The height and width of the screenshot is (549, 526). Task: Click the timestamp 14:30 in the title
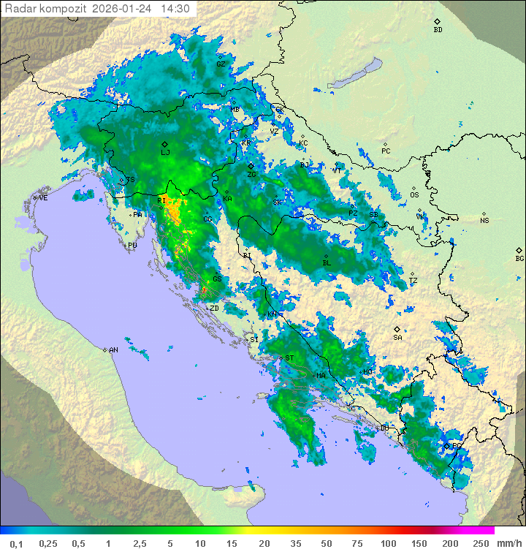pos(175,9)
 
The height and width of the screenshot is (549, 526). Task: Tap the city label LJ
pos(165,152)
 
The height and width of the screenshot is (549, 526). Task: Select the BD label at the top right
pos(438,30)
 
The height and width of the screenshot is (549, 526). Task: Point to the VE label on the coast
pos(43,198)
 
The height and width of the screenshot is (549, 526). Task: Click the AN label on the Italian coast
pos(113,350)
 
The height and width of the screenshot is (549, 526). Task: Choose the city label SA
pos(398,338)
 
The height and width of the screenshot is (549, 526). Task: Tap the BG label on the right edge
pos(519,258)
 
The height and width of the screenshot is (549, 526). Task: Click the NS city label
pos(484,220)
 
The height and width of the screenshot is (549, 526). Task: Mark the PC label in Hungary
pos(386,151)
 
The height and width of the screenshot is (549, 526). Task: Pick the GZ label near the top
pos(221,64)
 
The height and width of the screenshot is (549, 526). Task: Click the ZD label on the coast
pos(214,308)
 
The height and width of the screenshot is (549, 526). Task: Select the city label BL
pos(327,262)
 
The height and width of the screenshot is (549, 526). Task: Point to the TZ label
pos(413,281)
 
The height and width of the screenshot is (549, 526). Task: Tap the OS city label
pos(414,195)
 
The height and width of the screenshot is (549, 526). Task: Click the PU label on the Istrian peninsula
pos(132,246)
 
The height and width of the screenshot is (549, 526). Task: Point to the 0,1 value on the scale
pos(16,543)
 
